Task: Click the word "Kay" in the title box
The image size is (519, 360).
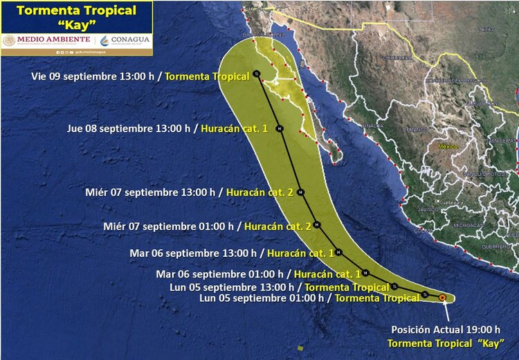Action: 76,24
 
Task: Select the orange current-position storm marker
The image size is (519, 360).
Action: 443,298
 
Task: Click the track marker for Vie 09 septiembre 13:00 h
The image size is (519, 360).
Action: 257,73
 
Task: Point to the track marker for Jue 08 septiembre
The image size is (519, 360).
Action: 280,129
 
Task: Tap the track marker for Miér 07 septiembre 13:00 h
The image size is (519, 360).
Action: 300,193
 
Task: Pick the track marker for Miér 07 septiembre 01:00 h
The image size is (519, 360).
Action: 316,224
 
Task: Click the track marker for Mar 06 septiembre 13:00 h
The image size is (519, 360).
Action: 339,253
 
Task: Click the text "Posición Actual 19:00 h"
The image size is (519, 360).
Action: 446,329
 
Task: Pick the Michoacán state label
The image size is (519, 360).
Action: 468,226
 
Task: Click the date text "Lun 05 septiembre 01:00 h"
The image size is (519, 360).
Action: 262,298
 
